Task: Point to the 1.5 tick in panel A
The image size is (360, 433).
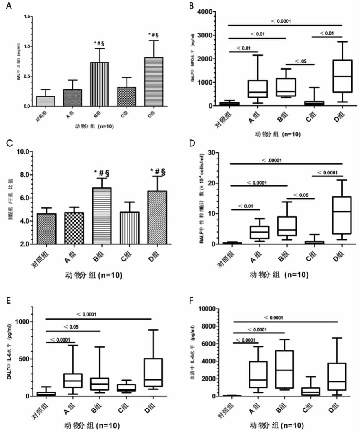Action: pos(28,16)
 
